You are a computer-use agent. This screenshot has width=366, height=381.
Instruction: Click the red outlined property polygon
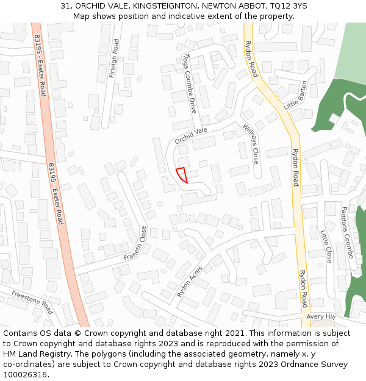click(x=181, y=175)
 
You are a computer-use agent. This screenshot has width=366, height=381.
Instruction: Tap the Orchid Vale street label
click(x=191, y=135)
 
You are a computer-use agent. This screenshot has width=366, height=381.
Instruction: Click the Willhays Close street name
click(x=251, y=143)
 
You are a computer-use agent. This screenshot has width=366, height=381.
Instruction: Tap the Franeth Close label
click(x=136, y=244)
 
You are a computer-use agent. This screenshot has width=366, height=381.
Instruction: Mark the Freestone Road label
click(x=32, y=302)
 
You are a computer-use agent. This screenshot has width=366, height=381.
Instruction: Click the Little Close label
click(x=326, y=246)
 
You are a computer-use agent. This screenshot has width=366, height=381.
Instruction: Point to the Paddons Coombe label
click(x=346, y=232)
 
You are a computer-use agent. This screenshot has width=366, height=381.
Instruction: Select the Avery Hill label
click(x=321, y=317)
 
